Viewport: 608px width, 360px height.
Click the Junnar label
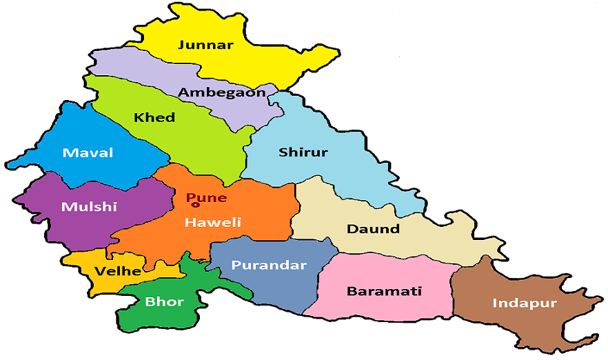click(205, 46)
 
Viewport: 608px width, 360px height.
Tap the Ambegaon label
click(221, 92)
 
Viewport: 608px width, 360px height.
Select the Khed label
click(154, 117)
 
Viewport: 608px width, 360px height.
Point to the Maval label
click(88, 152)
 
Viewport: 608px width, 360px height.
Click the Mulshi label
click(89, 206)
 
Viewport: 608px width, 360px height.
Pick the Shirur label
click(303, 152)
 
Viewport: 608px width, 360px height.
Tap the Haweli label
click(212, 222)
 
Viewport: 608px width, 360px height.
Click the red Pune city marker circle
click(195, 204)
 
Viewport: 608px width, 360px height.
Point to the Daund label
click(373, 228)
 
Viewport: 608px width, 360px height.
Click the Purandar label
click(269, 265)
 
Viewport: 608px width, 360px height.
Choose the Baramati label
click(384, 291)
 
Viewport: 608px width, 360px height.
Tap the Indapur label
click(524, 303)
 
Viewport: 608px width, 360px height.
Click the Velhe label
click(118, 271)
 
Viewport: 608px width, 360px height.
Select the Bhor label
click(163, 301)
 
